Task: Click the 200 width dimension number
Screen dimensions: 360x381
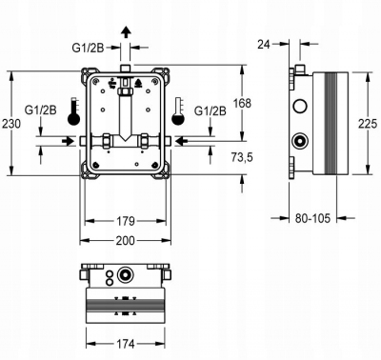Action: (126, 243)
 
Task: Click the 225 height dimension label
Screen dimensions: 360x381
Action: (367, 123)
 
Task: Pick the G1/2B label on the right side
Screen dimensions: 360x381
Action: (210, 111)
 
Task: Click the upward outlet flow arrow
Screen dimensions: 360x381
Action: (125, 32)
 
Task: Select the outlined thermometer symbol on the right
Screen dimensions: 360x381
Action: (178, 111)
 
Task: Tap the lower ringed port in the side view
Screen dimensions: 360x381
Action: (300, 142)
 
